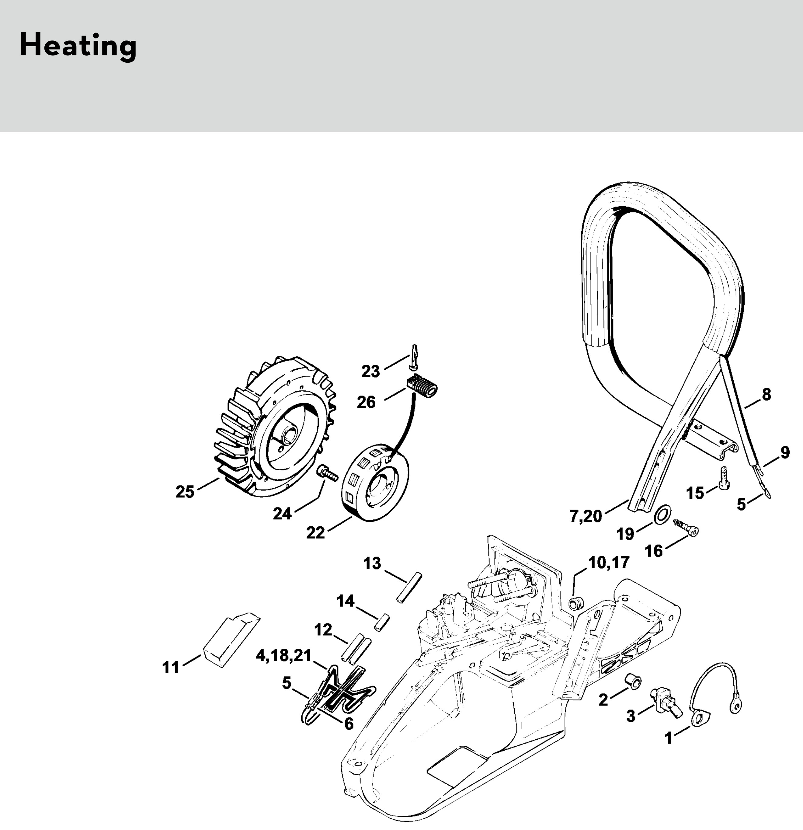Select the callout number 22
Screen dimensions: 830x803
[x=315, y=533]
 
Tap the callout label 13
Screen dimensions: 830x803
[x=372, y=564]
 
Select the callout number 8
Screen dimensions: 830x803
[x=766, y=394]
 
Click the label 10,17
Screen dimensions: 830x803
[x=609, y=563]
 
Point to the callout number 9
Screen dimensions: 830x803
[x=785, y=452]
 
